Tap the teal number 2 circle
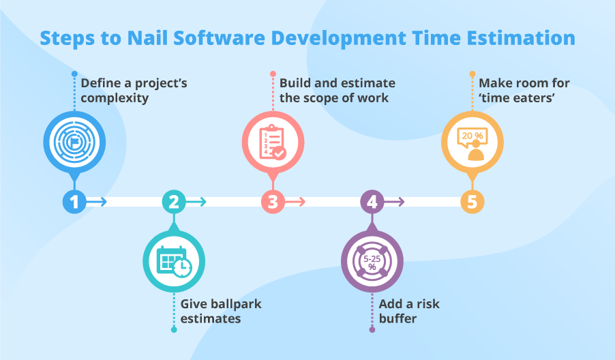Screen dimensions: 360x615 coord(173,201)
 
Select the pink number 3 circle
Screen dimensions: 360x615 coord(273,201)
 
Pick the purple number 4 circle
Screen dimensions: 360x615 coord(372,201)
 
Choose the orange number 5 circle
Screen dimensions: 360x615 coord(472,201)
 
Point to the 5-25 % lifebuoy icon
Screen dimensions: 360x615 coord(372,261)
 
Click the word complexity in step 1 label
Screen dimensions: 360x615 coord(115,98)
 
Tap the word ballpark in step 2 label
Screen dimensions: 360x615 coord(235,303)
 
